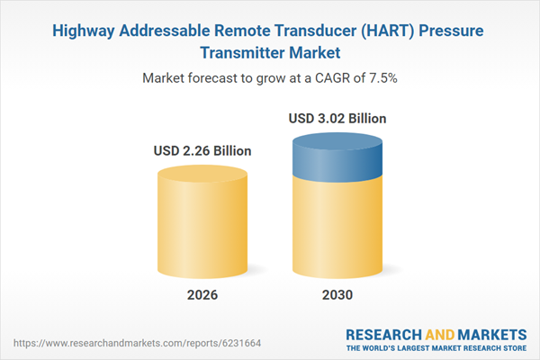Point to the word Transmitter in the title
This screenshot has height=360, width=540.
coord(241,53)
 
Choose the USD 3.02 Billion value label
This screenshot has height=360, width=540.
coord(337,118)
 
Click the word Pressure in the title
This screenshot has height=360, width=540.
coord(450,31)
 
